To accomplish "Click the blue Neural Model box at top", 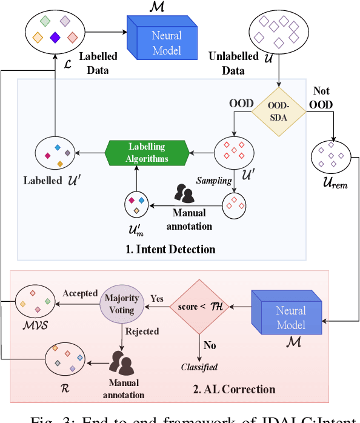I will click(162, 38).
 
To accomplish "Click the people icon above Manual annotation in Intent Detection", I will click(184, 193).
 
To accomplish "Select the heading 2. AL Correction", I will click(234, 389).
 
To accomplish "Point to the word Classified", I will click(199, 367).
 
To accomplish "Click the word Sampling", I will click(213, 180).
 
